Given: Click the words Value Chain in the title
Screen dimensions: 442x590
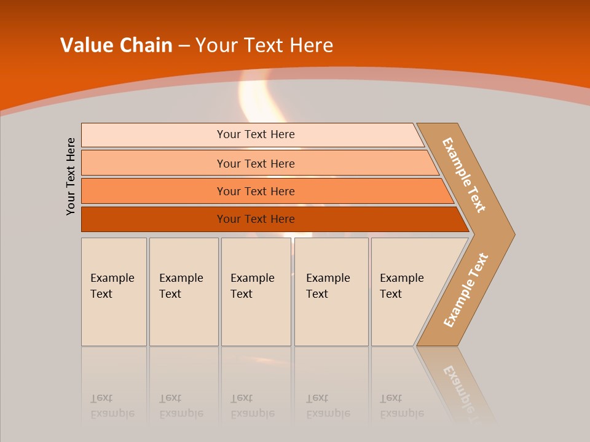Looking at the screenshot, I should [x=116, y=45].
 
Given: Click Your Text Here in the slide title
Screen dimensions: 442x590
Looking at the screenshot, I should [x=264, y=45].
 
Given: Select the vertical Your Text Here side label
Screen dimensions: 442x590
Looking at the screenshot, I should [x=71, y=176].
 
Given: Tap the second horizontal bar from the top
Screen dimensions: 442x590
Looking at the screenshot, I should [x=255, y=163].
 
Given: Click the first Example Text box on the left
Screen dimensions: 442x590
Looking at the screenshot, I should [x=114, y=292].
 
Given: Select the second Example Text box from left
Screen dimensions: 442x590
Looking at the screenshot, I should [x=183, y=292].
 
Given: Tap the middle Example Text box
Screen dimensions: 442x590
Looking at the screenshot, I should [x=256, y=292].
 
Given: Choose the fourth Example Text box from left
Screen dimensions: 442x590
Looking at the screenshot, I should [x=331, y=292].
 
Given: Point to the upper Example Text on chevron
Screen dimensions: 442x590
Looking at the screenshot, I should [x=464, y=175].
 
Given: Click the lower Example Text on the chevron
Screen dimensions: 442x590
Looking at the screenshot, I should [x=466, y=290].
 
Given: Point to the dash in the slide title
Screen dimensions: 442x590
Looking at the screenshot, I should [x=184, y=46].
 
